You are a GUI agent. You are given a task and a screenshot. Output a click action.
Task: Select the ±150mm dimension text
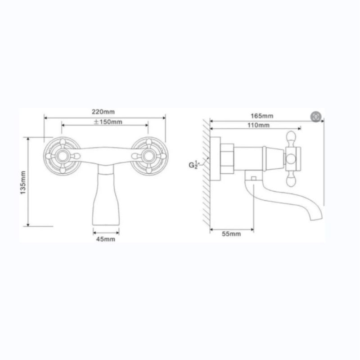pos(108,121)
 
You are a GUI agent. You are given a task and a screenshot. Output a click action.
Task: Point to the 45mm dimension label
pos(106,239)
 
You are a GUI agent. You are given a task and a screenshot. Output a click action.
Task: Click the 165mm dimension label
pos(263,116)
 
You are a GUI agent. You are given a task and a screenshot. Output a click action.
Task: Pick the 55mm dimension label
pos(231,234)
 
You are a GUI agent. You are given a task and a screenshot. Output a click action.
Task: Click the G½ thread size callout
pos(193,164)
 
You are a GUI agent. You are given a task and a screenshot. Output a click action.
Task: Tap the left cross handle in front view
pos(64,156)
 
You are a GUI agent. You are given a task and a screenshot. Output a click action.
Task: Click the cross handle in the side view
pos(291,158)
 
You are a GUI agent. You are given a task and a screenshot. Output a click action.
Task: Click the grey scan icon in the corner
pos(316,117)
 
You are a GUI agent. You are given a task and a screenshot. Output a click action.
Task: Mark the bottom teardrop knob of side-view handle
pos(291,180)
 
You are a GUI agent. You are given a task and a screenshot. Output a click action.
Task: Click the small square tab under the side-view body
pos(253,179)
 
